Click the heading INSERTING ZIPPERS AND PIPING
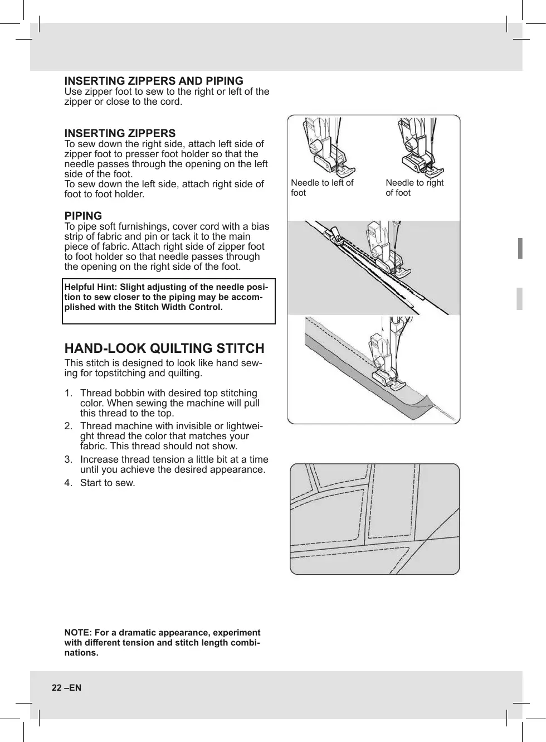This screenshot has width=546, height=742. pyautogui.click(x=154, y=81)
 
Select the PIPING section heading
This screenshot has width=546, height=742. pyautogui.click(x=83, y=216)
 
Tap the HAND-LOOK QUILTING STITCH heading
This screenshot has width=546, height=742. pyautogui.click(x=164, y=348)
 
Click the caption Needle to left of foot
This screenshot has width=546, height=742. pyautogui.click(x=322, y=188)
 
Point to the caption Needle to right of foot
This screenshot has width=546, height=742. pyautogui.click(x=415, y=188)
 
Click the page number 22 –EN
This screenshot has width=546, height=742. pyautogui.click(x=66, y=687)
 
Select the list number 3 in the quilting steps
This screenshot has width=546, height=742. pyautogui.click(x=67, y=459)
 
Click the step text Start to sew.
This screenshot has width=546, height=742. pyautogui.click(x=108, y=483)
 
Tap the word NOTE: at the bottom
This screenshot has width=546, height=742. pyautogui.click(x=78, y=633)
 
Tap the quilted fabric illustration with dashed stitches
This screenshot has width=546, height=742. pyautogui.click(x=374, y=518)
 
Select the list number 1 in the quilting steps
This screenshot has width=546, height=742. pyautogui.click(x=67, y=393)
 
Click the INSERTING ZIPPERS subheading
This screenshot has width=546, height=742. pyautogui.click(x=120, y=133)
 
